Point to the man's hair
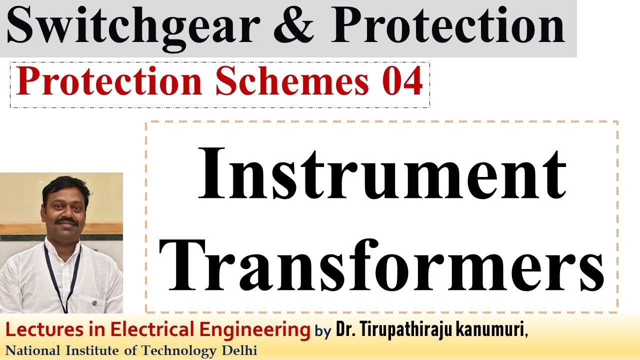click(x=65, y=185)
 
